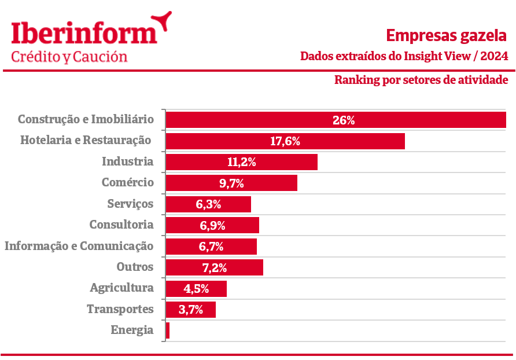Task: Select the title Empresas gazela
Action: click(447, 36)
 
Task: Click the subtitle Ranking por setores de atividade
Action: click(421, 79)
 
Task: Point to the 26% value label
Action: click(344, 120)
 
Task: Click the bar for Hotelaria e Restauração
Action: click(285, 141)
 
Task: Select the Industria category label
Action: click(128, 161)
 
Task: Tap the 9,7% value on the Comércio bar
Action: click(231, 183)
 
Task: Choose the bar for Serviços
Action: click(208, 204)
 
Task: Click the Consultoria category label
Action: click(121, 225)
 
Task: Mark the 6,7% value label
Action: click(211, 247)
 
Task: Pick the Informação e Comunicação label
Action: click(79, 246)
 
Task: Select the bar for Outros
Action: click(215, 267)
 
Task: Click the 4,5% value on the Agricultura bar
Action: click(196, 288)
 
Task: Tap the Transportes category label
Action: click(120, 309)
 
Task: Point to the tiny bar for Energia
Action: click(168, 330)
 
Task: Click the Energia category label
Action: click(132, 330)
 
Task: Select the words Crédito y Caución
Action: click(69, 56)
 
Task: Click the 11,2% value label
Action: click(242, 162)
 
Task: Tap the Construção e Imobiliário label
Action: click(86, 119)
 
